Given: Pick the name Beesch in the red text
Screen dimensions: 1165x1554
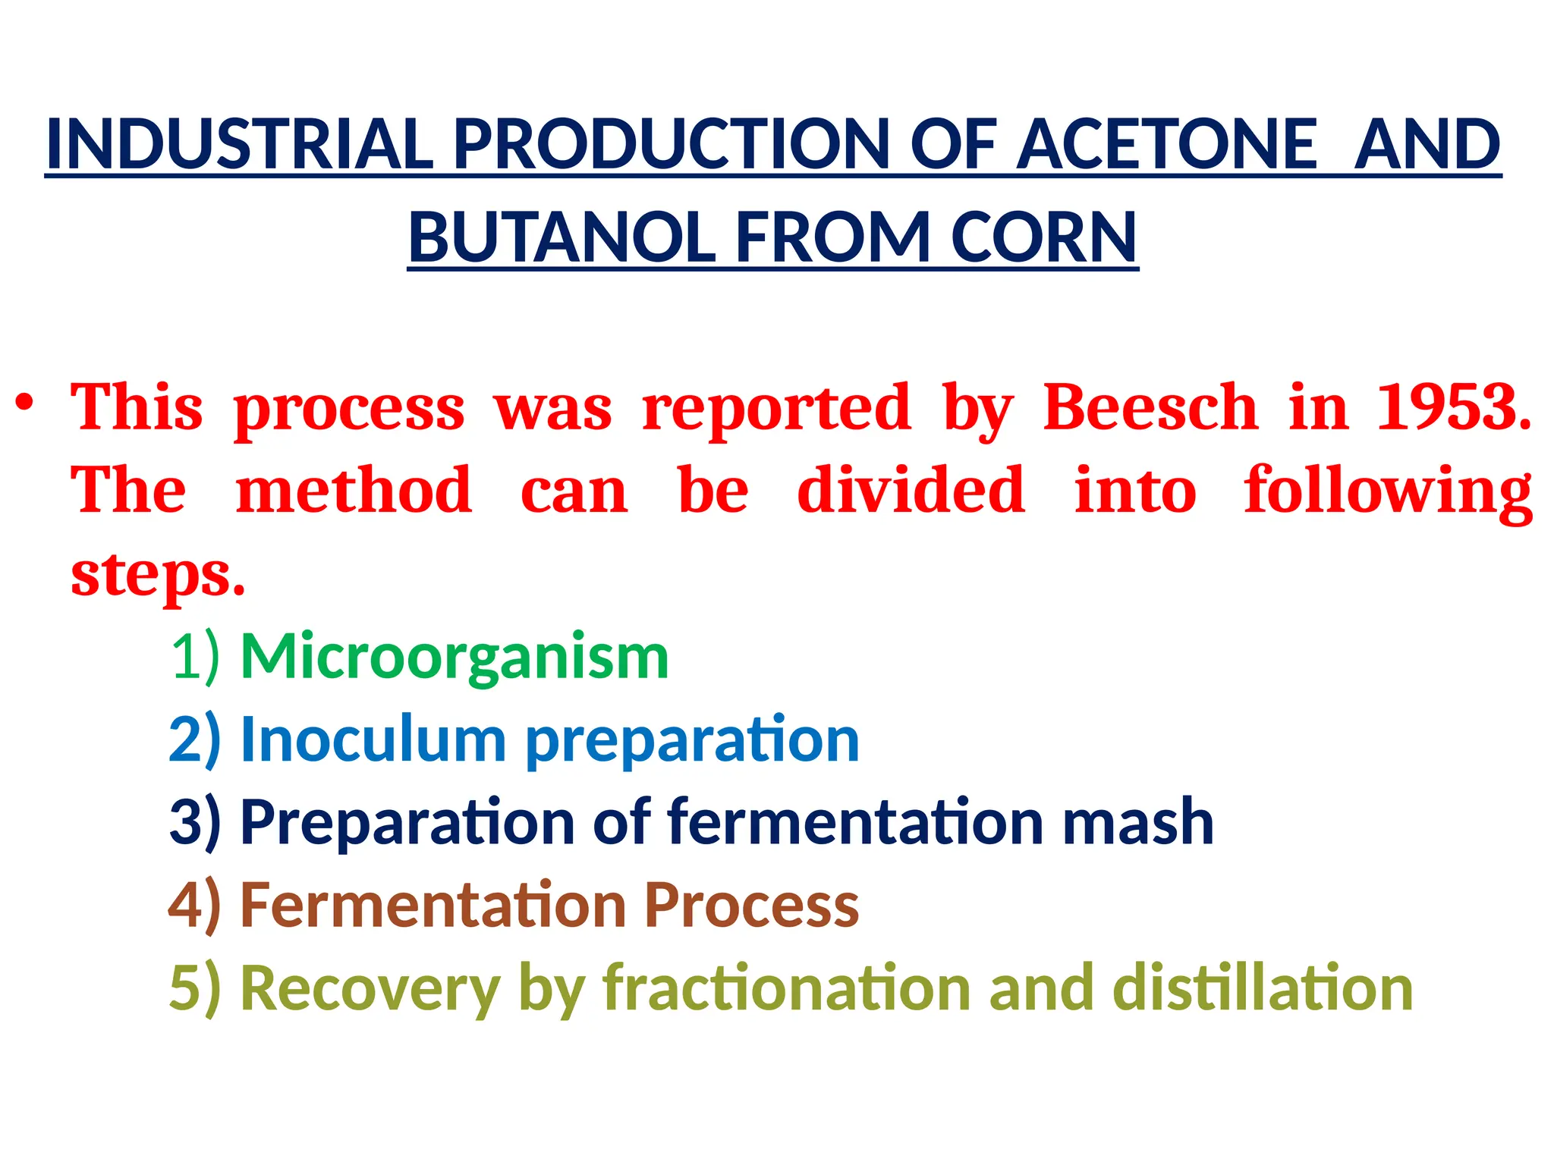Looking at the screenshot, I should point(1150,408).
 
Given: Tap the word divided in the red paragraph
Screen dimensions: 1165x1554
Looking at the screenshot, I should point(911,491).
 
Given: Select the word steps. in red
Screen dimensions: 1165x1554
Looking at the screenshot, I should point(158,575).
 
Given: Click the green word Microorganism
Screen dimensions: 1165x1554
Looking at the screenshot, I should point(455,656).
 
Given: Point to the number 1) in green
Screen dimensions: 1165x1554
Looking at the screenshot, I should point(195,656).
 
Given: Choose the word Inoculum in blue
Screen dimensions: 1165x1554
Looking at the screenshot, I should point(373,740).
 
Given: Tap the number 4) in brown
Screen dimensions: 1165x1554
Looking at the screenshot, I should point(195,905).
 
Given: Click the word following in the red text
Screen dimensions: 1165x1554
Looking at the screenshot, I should point(1388,491).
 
